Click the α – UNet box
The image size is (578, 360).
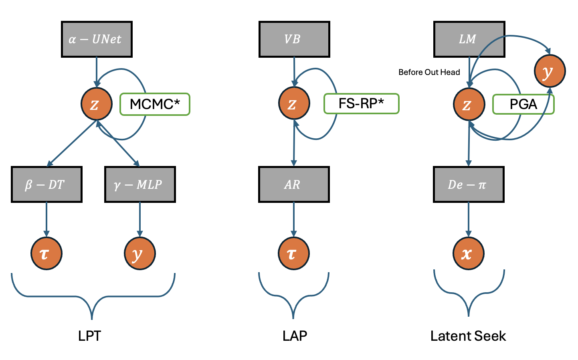97,39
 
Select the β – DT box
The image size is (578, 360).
46,184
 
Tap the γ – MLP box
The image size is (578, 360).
140,184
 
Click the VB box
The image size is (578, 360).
294,39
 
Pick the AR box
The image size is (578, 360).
294,184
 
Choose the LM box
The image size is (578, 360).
469,39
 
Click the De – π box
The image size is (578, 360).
469,184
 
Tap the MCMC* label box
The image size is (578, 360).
155,104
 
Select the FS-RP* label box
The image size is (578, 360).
361,103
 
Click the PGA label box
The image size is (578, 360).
523,104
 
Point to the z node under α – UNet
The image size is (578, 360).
96,104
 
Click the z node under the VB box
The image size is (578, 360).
294,103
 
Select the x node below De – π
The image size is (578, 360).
468,254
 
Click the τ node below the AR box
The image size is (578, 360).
293,254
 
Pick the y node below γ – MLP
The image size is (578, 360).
139,254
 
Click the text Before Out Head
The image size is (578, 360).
429,72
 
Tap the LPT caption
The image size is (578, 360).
89,336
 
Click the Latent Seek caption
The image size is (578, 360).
468,336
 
